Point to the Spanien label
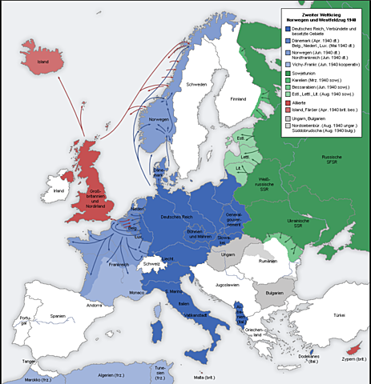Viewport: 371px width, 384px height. (57, 316)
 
